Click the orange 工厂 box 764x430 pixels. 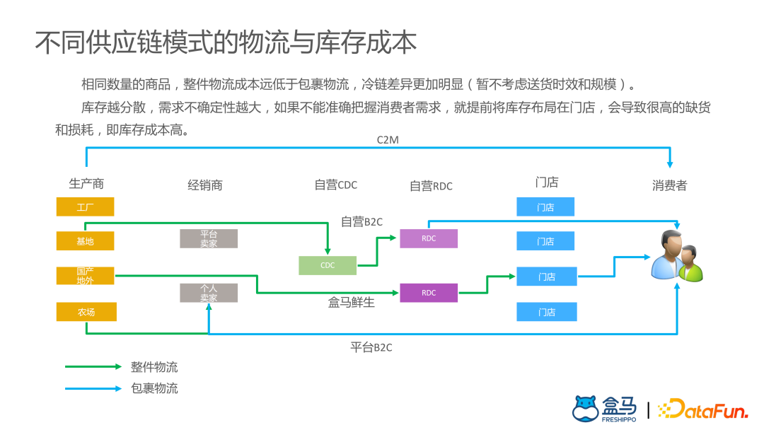[x=85, y=207]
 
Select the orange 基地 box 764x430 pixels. [x=85, y=241]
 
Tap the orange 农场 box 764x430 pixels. [x=86, y=312]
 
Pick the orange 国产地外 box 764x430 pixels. [x=85, y=276]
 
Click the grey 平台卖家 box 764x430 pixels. [x=208, y=239]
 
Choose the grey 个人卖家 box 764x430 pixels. [x=208, y=293]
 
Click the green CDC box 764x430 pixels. [x=328, y=265]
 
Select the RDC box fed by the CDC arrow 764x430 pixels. [x=429, y=238]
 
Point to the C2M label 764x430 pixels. [x=388, y=140]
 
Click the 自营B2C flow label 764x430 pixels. [x=361, y=221]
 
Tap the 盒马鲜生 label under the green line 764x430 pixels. [x=352, y=303]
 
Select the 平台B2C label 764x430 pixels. [x=371, y=347]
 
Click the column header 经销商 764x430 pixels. [x=205, y=185]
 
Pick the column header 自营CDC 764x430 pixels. [x=336, y=185]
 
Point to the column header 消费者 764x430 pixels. [x=669, y=185]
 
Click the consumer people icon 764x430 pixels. [x=676, y=257]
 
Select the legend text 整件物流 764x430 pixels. [x=154, y=367]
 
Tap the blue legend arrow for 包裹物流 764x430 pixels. [x=93, y=388]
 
